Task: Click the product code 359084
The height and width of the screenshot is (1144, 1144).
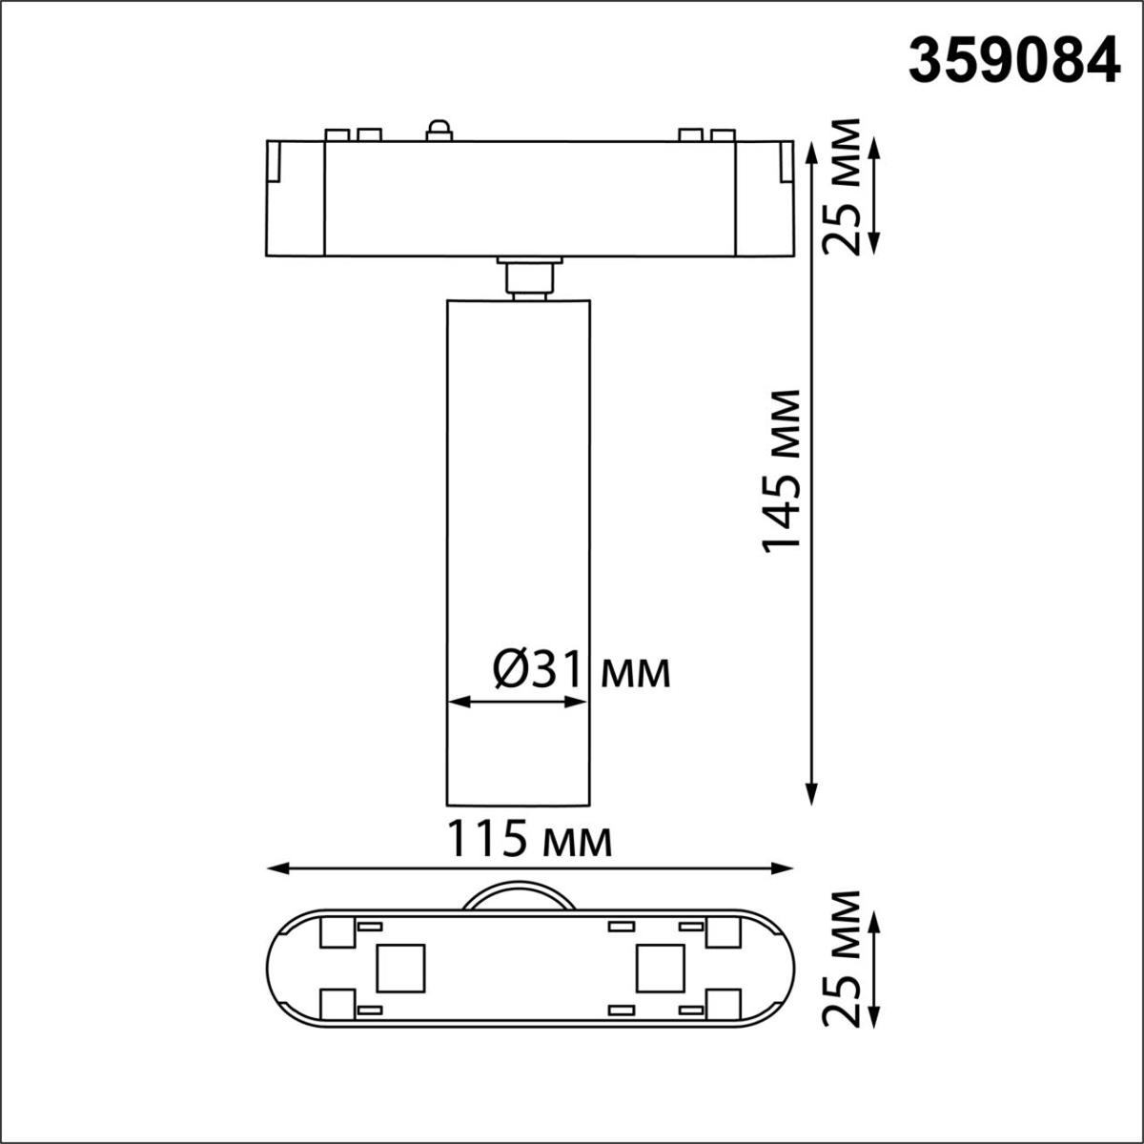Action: tap(1013, 64)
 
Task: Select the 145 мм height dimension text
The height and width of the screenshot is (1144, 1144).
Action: tap(781, 470)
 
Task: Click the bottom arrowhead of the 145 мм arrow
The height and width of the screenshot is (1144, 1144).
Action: tap(811, 796)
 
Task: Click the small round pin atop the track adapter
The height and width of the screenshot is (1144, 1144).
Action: tap(439, 130)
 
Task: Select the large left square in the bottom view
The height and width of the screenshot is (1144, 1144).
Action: tap(400, 968)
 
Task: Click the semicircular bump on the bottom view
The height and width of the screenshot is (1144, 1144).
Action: tap(518, 898)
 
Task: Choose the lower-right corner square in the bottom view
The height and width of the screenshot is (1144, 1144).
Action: tap(724, 1004)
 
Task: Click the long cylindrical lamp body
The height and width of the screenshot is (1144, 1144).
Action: tap(518, 553)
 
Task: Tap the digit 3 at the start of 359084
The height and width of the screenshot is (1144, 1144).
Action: tap(925, 64)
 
